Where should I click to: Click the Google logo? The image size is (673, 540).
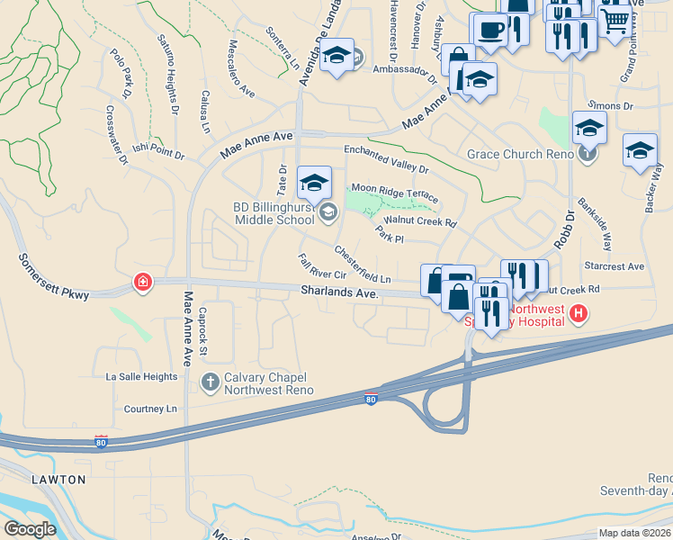pos(31,529)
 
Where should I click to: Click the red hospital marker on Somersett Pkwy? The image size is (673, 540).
pos(142,283)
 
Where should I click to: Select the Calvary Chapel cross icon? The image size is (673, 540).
pos(210,382)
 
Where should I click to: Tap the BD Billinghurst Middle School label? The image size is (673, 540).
pos(273,212)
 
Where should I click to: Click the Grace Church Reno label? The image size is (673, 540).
pos(521,154)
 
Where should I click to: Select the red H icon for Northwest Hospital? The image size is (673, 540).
pos(579,313)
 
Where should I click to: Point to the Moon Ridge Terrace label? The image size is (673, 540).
pos(395,192)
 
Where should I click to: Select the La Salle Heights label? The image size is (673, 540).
pos(141,376)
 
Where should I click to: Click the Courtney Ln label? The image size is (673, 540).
pos(150,409)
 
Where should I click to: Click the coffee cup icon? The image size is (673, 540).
pos(490,28)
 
